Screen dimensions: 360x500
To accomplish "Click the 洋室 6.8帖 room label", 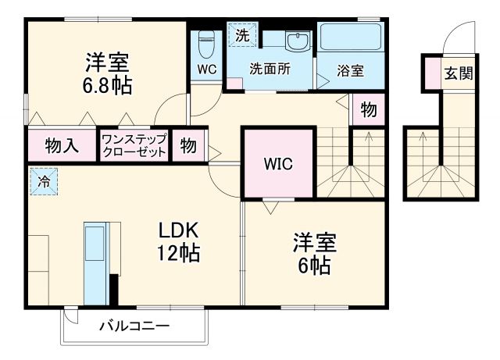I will point(107,72).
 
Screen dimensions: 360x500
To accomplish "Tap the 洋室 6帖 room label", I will point(313,253).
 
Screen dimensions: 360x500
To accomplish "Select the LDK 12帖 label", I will point(180,241).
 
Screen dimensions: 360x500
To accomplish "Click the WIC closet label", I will point(277,164).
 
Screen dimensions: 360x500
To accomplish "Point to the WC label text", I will point(206,69).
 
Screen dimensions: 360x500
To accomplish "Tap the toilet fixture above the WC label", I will point(206,44).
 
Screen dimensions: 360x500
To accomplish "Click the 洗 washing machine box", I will point(242,35).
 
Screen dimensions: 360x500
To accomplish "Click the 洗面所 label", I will point(270,69).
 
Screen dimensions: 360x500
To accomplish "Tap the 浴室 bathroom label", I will point(351,70).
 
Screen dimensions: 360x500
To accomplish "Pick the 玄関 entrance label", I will point(458,74).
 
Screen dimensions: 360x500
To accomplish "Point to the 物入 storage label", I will point(61,145).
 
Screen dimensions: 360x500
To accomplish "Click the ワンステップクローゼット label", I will point(134,145).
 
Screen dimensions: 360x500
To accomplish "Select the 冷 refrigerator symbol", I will point(44,180).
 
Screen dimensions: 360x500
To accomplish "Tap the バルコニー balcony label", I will point(134,326).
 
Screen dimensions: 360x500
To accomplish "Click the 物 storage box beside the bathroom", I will point(369,110).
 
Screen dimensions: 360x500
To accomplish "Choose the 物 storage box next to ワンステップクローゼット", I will point(188,145).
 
